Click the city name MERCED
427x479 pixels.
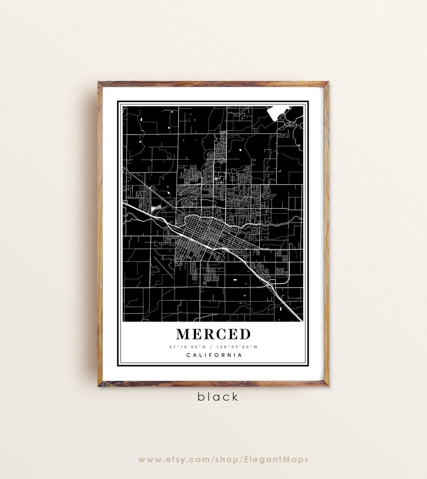[213, 334]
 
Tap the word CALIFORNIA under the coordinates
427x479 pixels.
[214, 355]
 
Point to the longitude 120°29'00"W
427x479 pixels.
[240, 347]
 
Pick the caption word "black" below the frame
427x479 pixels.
[218, 397]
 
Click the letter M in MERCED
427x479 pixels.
[183, 334]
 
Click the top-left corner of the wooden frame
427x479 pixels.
[98, 82]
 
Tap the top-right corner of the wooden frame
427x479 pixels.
[329, 82]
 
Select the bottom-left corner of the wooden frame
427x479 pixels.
[98, 385]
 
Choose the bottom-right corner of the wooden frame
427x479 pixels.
[329, 385]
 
